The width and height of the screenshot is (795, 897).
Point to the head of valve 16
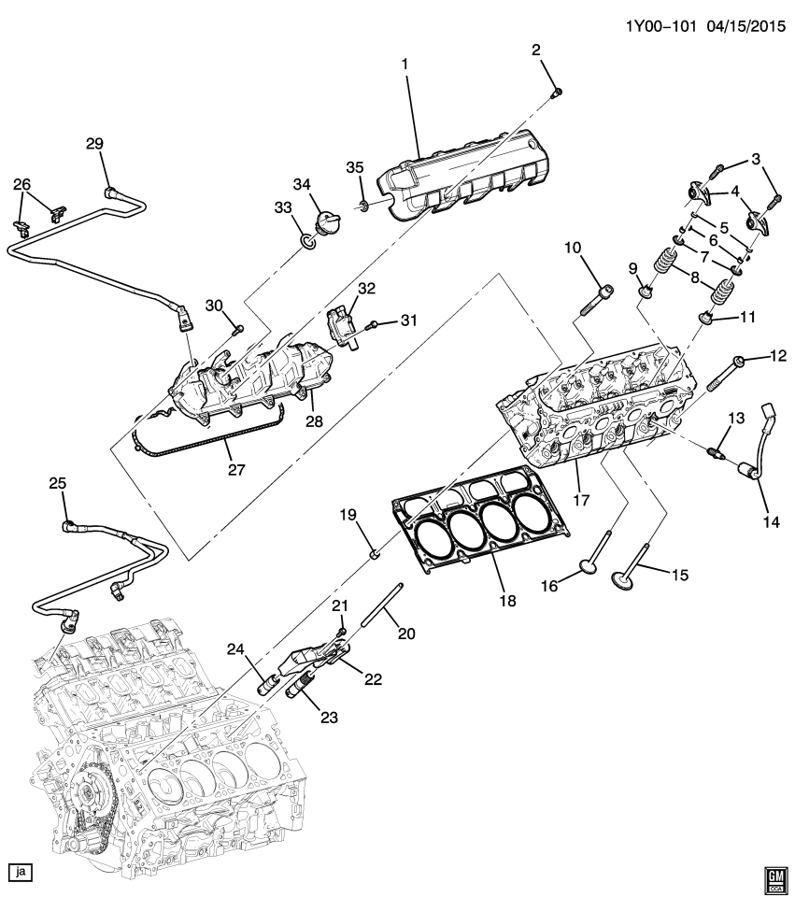coord(589,565)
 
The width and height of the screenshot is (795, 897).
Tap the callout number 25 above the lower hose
coord(58,483)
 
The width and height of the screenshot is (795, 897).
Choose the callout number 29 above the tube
coord(94,143)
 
